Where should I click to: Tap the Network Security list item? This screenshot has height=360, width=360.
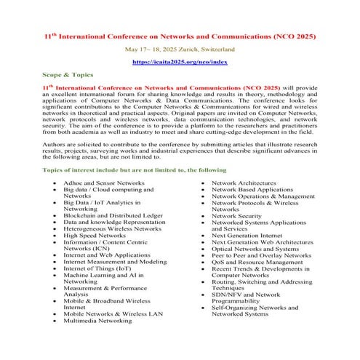coord(236,216)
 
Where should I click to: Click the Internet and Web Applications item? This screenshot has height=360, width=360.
coord(107,256)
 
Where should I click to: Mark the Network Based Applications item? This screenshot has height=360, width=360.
coord(252,189)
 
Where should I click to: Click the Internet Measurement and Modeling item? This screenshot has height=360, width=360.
coord(114,263)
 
